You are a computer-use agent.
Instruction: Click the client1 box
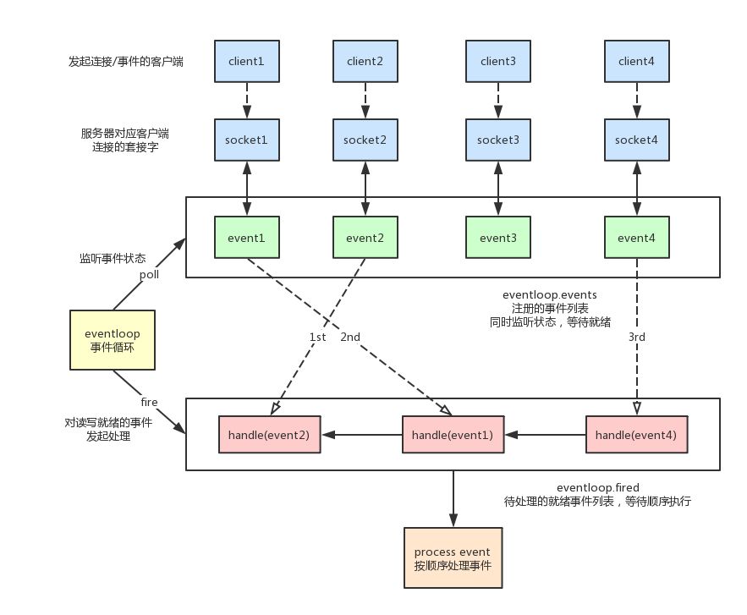pyautogui.click(x=247, y=61)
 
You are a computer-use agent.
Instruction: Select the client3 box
pyautogui.click(x=498, y=61)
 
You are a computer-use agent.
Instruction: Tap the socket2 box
pyautogui.click(x=365, y=139)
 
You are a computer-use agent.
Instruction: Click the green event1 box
pyautogui.click(x=247, y=238)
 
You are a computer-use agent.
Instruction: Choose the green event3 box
pyautogui.click(x=498, y=238)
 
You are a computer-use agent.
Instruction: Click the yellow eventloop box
pyautogui.click(x=113, y=339)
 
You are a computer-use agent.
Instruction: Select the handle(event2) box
pyautogui.click(x=268, y=434)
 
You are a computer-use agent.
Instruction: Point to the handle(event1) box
pyautogui.click(x=453, y=434)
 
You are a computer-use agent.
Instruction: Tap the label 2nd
pyautogui.click(x=351, y=337)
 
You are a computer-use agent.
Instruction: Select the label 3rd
pyautogui.click(x=637, y=337)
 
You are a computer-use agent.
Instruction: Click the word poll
pyautogui.click(x=149, y=275)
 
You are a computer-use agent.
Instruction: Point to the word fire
pyautogui.click(x=149, y=402)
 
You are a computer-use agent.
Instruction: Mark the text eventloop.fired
pyautogui.click(x=597, y=488)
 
